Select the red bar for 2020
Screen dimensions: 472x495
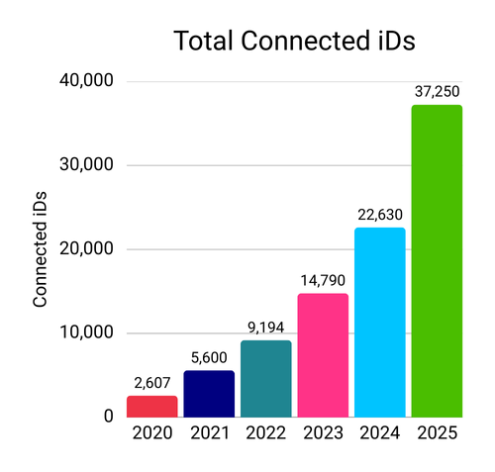click(151, 406)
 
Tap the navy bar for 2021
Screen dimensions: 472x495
click(209, 393)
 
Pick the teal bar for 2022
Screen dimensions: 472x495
click(266, 378)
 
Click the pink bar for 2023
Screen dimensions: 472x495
click(323, 354)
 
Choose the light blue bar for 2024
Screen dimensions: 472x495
click(380, 322)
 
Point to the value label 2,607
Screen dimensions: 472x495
click(151, 383)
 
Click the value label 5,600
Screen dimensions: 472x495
click(209, 358)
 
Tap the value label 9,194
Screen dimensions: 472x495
click(266, 328)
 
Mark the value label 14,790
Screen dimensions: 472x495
click(323, 281)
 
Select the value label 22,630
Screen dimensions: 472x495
click(380, 215)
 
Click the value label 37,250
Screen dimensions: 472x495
click(437, 92)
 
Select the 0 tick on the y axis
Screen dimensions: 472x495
click(106, 417)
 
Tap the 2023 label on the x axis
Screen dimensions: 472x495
click(323, 433)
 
